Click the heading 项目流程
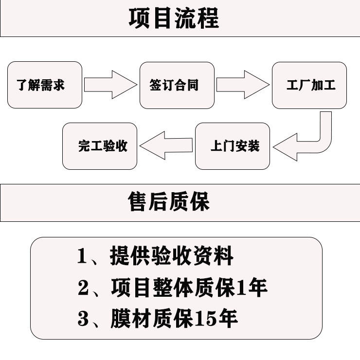[x=174, y=18]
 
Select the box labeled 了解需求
[x=45, y=85]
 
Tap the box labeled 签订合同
[x=177, y=86]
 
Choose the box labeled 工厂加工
[x=309, y=86]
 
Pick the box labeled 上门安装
[x=233, y=146]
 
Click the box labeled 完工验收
[x=100, y=146]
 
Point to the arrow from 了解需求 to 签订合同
[x=110, y=85]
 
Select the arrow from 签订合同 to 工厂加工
[x=243, y=85]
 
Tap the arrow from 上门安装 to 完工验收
[x=166, y=145]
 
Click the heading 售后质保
[x=169, y=201]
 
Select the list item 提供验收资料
[x=172, y=255]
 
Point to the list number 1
[x=82, y=256]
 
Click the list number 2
[x=83, y=287]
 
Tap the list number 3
[x=83, y=318]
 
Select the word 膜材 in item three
[x=130, y=318]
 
